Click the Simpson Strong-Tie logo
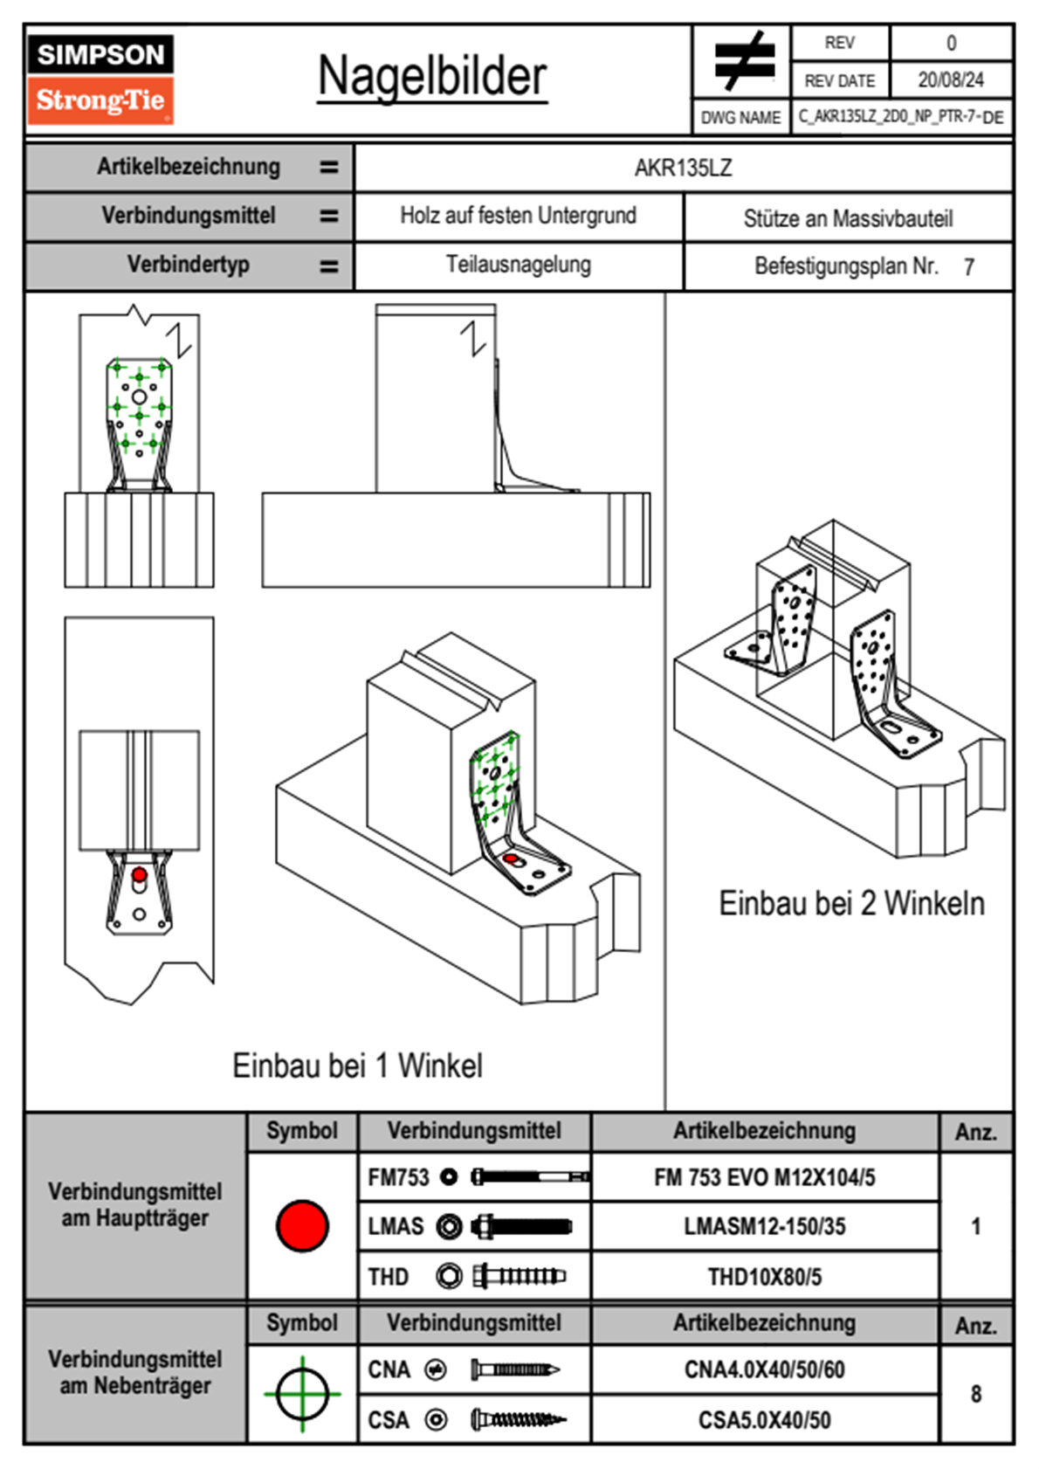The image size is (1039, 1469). click(x=100, y=79)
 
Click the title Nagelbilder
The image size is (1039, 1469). click(x=432, y=76)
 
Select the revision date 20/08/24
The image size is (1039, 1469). click(x=950, y=80)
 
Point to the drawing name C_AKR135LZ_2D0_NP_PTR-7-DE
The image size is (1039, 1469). click(x=900, y=117)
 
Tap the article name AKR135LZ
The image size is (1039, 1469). click(x=683, y=168)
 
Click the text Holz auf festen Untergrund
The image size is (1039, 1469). click(x=518, y=216)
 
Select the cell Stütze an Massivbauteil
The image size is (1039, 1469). click(x=848, y=218)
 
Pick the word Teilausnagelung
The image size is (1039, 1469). click(x=518, y=265)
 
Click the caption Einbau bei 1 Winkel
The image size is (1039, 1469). click(x=357, y=1066)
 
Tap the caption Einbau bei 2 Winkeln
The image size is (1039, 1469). click(x=851, y=903)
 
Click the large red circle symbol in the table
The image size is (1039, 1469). click(x=302, y=1225)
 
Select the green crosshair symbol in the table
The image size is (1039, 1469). click(x=302, y=1394)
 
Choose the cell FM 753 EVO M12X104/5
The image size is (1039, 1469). click(x=764, y=1177)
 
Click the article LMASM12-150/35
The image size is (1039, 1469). click(x=764, y=1226)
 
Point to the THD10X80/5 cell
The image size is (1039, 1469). click(x=764, y=1277)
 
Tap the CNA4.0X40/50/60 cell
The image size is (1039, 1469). click(x=764, y=1369)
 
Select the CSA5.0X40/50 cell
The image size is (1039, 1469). click(x=764, y=1420)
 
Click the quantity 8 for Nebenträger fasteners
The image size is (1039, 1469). click(x=976, y=1394)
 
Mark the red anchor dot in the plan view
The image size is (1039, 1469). click(x=139, y=874)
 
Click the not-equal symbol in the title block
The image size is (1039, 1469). click(x=743, y=61)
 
